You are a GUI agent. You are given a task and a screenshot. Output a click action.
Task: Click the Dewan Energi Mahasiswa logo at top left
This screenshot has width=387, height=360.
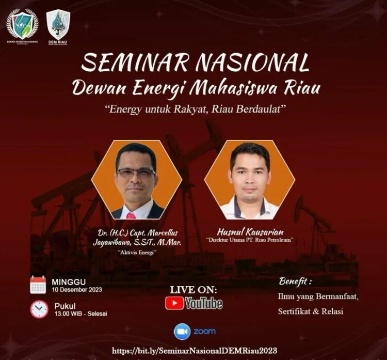point(22,24)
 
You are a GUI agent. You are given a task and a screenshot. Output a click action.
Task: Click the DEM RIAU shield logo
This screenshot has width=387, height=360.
point(58,24)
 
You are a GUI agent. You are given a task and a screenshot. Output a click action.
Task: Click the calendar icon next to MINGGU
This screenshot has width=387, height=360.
point(38,285)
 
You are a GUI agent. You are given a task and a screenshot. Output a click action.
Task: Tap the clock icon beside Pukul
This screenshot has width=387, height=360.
point(39,309)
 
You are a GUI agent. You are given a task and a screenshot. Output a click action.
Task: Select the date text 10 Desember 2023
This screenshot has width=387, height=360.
point(76,289)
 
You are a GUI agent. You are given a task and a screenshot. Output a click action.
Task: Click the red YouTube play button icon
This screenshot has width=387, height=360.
point(174,303)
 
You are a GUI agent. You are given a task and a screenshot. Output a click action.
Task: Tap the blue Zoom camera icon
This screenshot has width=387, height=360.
point(182,331)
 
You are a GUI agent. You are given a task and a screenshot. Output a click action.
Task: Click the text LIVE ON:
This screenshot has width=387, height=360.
point(193,289)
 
